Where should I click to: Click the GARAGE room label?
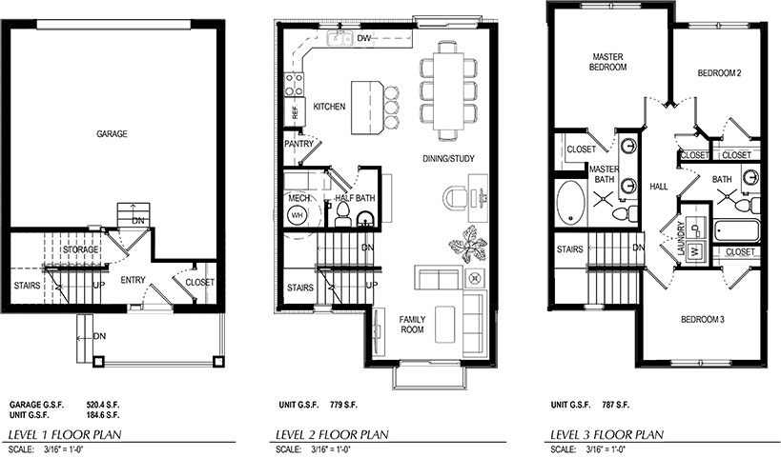point(112,134)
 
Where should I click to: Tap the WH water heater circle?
point(298,215)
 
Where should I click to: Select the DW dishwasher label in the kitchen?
point(364,38)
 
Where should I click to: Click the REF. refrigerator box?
point(295,109)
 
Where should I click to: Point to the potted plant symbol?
point(467,244)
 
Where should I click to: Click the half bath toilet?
point(342,215)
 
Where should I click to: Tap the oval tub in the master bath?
point(571,203)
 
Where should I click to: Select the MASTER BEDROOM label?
point(607,62)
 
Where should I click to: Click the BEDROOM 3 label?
point(702,319)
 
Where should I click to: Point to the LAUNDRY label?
point(682,239)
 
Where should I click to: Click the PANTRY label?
point(298,144)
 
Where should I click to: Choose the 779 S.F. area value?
point(343,405)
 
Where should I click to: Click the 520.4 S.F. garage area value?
point(103,405)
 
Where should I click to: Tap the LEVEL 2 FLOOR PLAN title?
point(332,434)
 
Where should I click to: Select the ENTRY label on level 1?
point(133,281)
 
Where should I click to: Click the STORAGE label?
point(81,249)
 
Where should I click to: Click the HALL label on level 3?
point(659,187)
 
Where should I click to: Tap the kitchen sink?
point(339,38)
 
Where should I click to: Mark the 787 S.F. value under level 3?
point(616,405)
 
